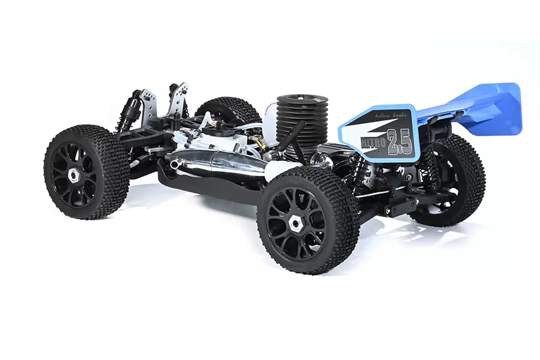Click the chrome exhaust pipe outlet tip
pos(175,164)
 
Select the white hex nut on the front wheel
pos(74,174)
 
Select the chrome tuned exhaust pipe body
pos(222,162)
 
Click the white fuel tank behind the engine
pos(269,120)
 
